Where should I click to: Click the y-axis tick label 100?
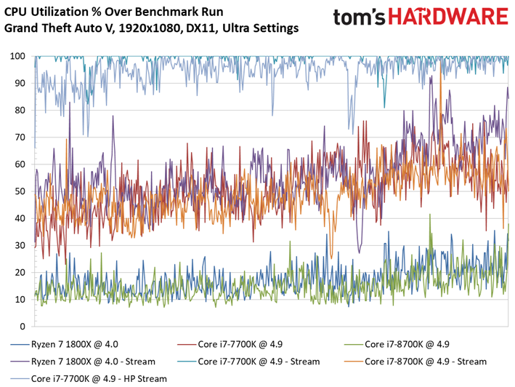17,56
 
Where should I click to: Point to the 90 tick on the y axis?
20,83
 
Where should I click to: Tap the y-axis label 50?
20,191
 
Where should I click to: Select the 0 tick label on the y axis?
23,327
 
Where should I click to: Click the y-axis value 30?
20,245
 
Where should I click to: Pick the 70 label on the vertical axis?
20,137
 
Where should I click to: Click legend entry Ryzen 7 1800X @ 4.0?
75,344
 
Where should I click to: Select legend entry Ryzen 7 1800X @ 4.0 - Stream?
93,362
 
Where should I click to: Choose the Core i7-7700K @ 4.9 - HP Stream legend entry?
99,379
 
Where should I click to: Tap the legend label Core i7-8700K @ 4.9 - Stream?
426,362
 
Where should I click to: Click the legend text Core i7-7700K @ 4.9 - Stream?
259,362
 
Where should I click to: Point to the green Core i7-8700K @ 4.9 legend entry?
407,344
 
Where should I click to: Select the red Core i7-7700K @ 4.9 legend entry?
240,344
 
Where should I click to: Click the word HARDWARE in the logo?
448,17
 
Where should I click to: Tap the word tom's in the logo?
359,17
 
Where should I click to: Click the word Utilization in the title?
62,12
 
